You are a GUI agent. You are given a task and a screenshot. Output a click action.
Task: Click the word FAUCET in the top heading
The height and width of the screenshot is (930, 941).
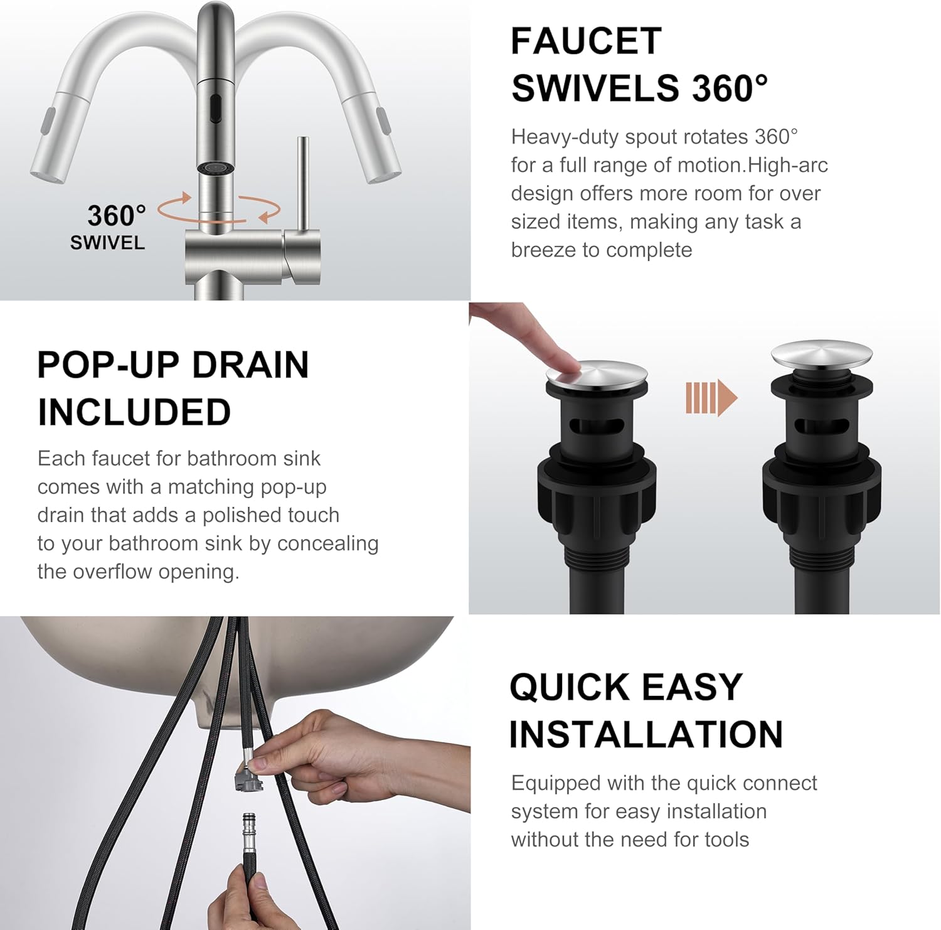tap(586, 41)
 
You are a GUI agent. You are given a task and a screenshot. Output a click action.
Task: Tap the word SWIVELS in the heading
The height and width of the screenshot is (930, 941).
tap(595, 88)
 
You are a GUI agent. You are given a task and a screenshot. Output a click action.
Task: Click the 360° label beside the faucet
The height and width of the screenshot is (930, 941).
tap(116, 216)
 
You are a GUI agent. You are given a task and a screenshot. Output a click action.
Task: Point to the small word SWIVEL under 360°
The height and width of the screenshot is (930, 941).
tap(107, 243)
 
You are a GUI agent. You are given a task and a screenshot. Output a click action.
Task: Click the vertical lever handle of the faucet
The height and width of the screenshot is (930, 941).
tap(302, 182)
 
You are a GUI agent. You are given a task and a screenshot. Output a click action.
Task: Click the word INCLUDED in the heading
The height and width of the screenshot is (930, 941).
tap(134, 412)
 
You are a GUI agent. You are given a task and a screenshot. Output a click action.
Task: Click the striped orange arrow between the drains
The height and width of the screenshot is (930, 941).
tap(711, 397)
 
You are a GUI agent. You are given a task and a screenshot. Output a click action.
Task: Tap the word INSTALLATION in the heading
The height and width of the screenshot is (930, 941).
tap(646, 734)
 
